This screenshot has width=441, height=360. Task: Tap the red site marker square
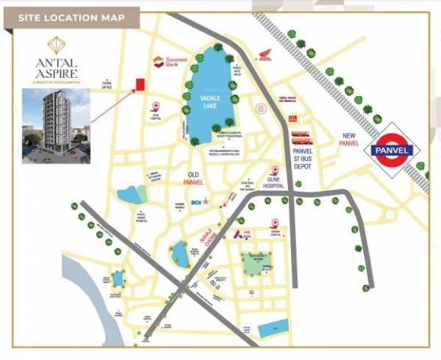[x=137, y=85]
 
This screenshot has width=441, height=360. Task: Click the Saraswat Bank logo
[x=170, y=63]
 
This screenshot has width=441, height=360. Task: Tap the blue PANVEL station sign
[x=398, y=149]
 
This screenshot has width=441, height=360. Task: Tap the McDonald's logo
[x=293, y=118]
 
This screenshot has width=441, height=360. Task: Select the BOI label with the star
[x=199, y=201]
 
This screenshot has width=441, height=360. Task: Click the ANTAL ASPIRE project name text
[x=54, y=69]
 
